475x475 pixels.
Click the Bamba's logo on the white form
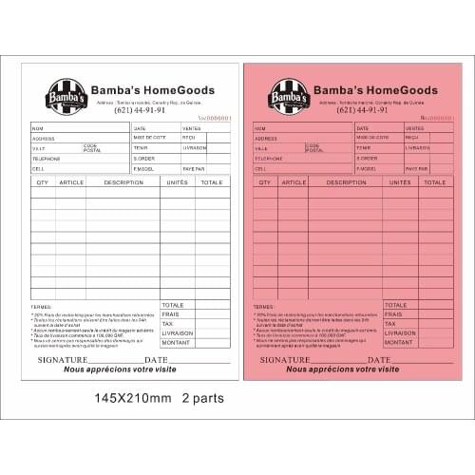click(x=66, y=96)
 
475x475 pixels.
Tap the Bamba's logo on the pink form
click(x=289, y=96)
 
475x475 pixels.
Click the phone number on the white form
click(x=140, y=110)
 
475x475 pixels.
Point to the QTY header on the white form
click(x=43, y=181)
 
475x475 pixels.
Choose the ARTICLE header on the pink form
click(x=294, y=181)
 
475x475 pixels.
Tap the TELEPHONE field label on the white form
click(x=46, y=159)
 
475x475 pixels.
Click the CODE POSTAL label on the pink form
click(x=314, y=148)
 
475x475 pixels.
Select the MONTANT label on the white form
click(x=177, y=343)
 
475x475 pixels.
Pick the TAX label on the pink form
click(x=389, y=324)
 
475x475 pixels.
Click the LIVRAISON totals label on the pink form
click(x=400, y=333)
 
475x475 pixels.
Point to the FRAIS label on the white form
click(x=171, y=314)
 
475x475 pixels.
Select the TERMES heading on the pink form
click(x=264, y=307)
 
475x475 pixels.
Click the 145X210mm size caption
click(x=132, y=398)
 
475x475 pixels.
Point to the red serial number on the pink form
click(x=437, y=118)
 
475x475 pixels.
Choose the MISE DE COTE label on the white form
click(x=149, y=138)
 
